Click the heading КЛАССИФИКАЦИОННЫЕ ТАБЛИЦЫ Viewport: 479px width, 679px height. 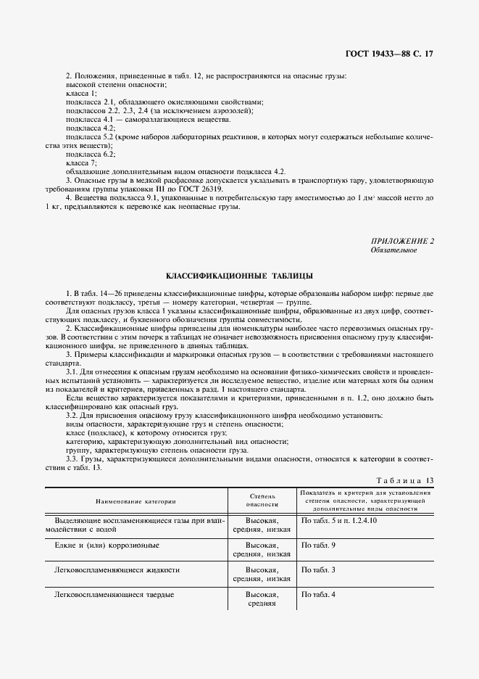(x=239, y=276)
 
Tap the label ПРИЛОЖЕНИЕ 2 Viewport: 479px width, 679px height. (x=403, y=241)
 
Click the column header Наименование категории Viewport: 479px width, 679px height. (x=134, y=502)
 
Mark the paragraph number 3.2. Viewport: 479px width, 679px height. (x=73, y=414)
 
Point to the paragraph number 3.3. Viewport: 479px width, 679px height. (x=73, y=458)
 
